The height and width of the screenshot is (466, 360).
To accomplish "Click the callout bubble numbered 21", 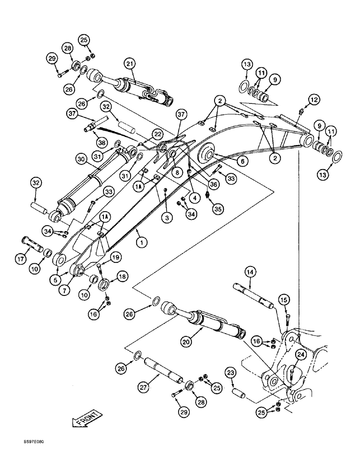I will (129, 63).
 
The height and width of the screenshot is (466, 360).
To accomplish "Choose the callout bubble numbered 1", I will (138, 242).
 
